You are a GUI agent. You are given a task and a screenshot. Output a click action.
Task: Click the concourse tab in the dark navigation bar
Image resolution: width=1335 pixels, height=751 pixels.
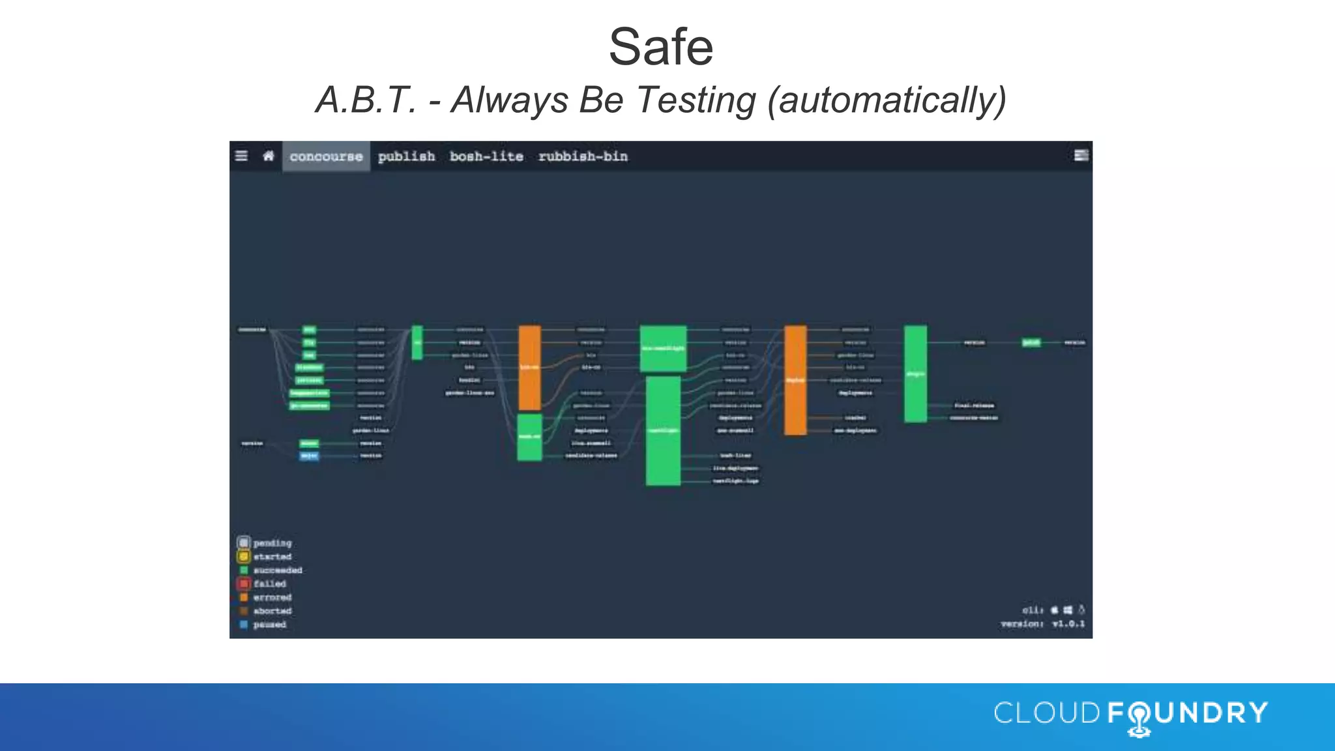pos(326,156)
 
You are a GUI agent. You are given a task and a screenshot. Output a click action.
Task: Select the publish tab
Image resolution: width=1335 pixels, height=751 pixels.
pos(406,156)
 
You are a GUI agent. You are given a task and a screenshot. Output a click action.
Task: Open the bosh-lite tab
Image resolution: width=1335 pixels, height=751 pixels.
pos(486,156)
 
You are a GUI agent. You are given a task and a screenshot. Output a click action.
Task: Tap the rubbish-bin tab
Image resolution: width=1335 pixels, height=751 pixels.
pos(583,156)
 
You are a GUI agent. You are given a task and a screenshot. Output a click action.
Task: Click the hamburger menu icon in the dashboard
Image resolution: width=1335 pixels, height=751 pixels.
pos(241,156)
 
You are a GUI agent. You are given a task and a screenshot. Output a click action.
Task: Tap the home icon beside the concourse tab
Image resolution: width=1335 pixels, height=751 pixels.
pos(268,156)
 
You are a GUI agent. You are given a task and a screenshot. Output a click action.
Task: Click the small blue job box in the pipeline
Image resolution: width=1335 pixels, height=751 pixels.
pos(309,456)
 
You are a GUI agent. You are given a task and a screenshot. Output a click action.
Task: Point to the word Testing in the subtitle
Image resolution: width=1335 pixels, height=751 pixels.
pos(696,100)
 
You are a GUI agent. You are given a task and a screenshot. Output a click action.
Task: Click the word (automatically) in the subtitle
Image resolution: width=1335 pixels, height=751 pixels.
pos(887,100)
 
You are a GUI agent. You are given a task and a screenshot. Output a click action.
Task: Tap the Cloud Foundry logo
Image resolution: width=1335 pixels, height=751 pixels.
pos(1130,714)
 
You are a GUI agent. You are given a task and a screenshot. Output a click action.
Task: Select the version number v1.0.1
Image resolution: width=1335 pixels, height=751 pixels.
pos(1068,624)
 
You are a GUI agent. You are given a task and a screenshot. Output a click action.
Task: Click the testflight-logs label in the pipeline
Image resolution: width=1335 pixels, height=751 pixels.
pos(735,481)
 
